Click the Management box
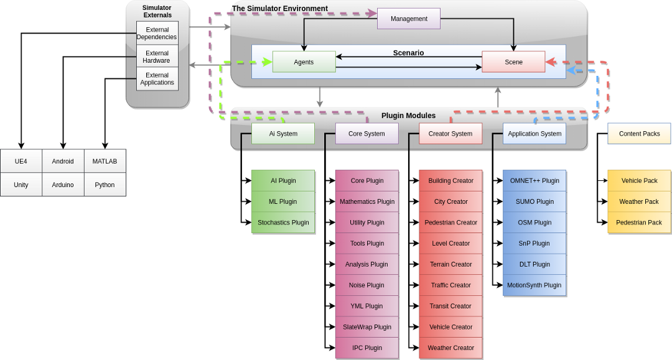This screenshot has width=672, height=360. click(409, 19)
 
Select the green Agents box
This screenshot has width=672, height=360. click(304, 62)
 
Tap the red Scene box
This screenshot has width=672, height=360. click(513, 62)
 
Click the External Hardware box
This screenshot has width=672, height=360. click(157, 57)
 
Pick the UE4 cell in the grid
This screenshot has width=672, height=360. click(21, 161)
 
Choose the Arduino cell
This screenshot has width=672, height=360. click(63, 185)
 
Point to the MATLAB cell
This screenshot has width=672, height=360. click(105, 161)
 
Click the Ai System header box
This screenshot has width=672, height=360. click(283, 134)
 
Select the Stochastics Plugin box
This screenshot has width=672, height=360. click(283, 223)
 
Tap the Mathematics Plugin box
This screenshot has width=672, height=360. click(367, 201)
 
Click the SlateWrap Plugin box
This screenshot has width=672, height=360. click(367, 327)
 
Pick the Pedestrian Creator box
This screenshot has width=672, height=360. click(451, 223)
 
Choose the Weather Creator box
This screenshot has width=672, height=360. click(451, 348)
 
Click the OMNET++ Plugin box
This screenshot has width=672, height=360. click(534, 181)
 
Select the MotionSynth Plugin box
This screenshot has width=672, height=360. click(534, 285)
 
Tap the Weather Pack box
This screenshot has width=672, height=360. click(639, 201)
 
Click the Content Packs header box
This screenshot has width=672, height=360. click(639, 134)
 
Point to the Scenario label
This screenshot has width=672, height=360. click(408, 53)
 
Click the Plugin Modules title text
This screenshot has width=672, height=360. click(408, 116)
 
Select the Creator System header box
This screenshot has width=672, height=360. click(450, 134)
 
